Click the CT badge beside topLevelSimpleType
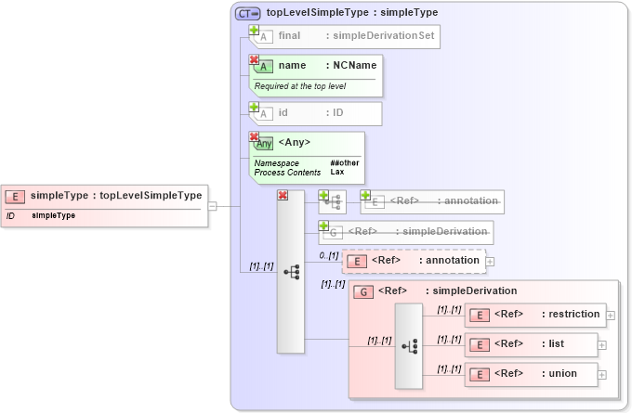(248, 13)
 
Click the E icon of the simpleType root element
(15, 196)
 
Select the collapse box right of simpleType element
(212, 206)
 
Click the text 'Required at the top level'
(296, 86)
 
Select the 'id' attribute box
(315, 113)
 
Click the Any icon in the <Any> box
(264, 144)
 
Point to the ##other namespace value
(344, 162)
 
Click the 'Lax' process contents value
(337, 173)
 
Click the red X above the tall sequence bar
(283, 195)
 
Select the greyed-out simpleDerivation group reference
(406, 231)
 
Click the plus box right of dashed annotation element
(490, 262)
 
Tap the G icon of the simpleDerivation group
(365, 291)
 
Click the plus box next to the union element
(602, 375)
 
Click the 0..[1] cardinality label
(328, 254)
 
